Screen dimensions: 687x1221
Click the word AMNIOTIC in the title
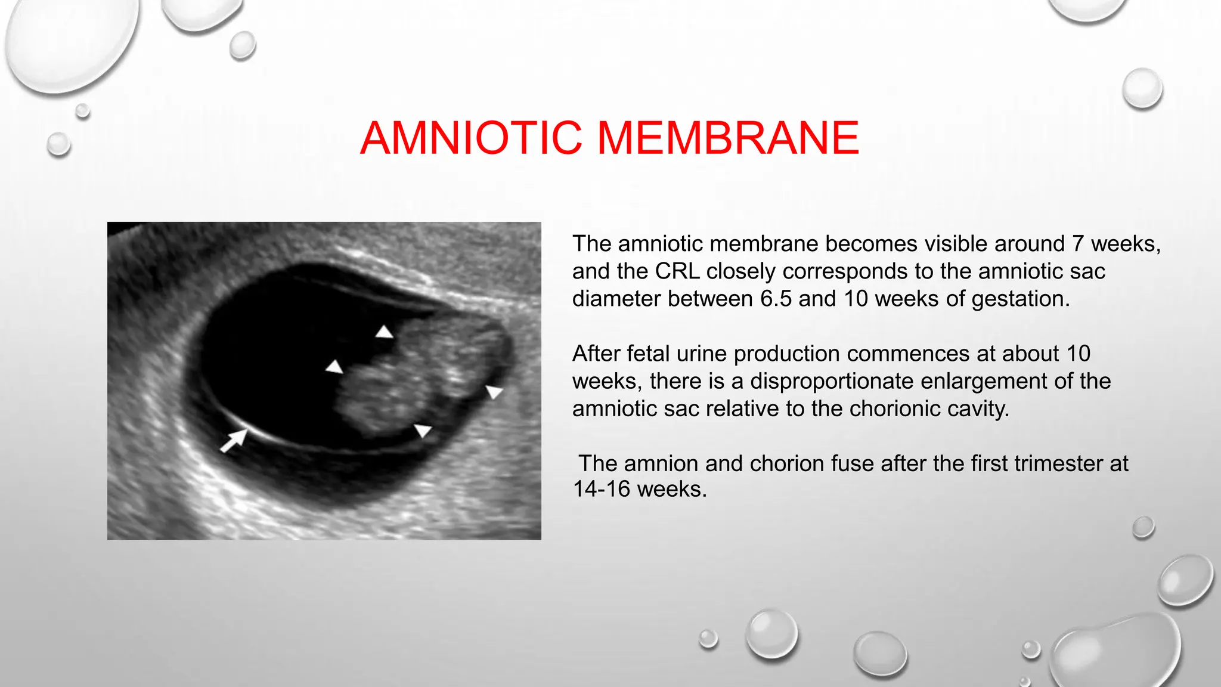pos(471,138)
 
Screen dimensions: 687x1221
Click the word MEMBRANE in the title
pos(728,138)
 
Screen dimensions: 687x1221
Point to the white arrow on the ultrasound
pos(233,441)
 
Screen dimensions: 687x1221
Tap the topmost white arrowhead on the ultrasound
pos(385,332)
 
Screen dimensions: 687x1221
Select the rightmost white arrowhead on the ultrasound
pos(494,392)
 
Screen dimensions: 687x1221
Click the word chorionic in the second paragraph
pos(899,409)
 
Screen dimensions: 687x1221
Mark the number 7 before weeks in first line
pos(1077,244)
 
